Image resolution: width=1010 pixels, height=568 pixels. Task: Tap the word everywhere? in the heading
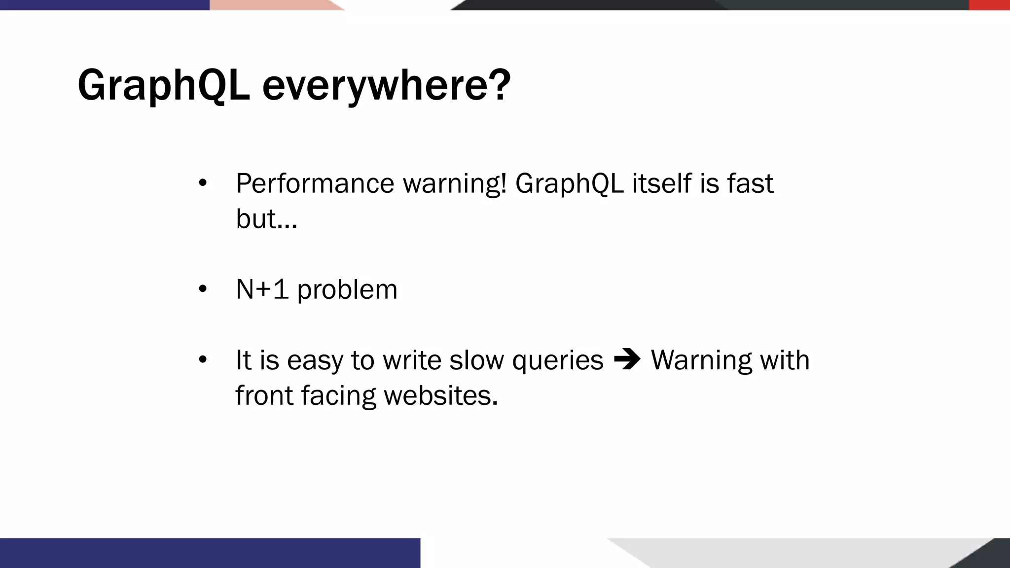point(386,86)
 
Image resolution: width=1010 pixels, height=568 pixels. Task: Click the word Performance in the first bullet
point(315,184)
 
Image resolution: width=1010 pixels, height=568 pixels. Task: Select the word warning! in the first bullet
point(455,184)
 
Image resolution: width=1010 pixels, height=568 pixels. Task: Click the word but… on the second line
point(266,219)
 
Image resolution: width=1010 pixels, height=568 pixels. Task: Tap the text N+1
point(262,289)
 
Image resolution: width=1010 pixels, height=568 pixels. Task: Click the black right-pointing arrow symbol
point(627,359)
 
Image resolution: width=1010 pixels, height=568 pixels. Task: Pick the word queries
point(557,361)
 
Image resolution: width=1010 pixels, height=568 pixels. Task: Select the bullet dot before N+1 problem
point(203,289)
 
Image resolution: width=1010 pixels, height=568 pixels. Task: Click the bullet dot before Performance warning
point(203,183)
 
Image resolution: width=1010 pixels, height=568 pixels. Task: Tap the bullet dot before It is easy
point(203,360)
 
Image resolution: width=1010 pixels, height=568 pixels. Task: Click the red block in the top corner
point(989,5)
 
